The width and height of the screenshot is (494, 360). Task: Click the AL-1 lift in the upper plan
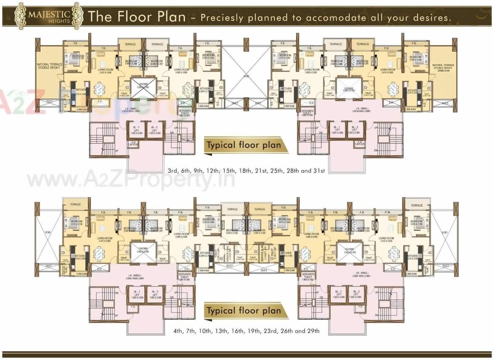pyautogui.click(x=136, y=130)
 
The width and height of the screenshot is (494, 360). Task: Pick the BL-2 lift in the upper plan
pyautogui.click(x=354, y=130)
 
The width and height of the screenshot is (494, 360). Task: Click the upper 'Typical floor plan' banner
pyautogui.click(x=241, y=146)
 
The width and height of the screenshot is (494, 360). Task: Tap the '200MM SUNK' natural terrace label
pyautogui.click(x=443, y=69)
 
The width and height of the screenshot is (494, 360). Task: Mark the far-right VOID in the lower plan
pyautogui.click(x=444, y=232)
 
